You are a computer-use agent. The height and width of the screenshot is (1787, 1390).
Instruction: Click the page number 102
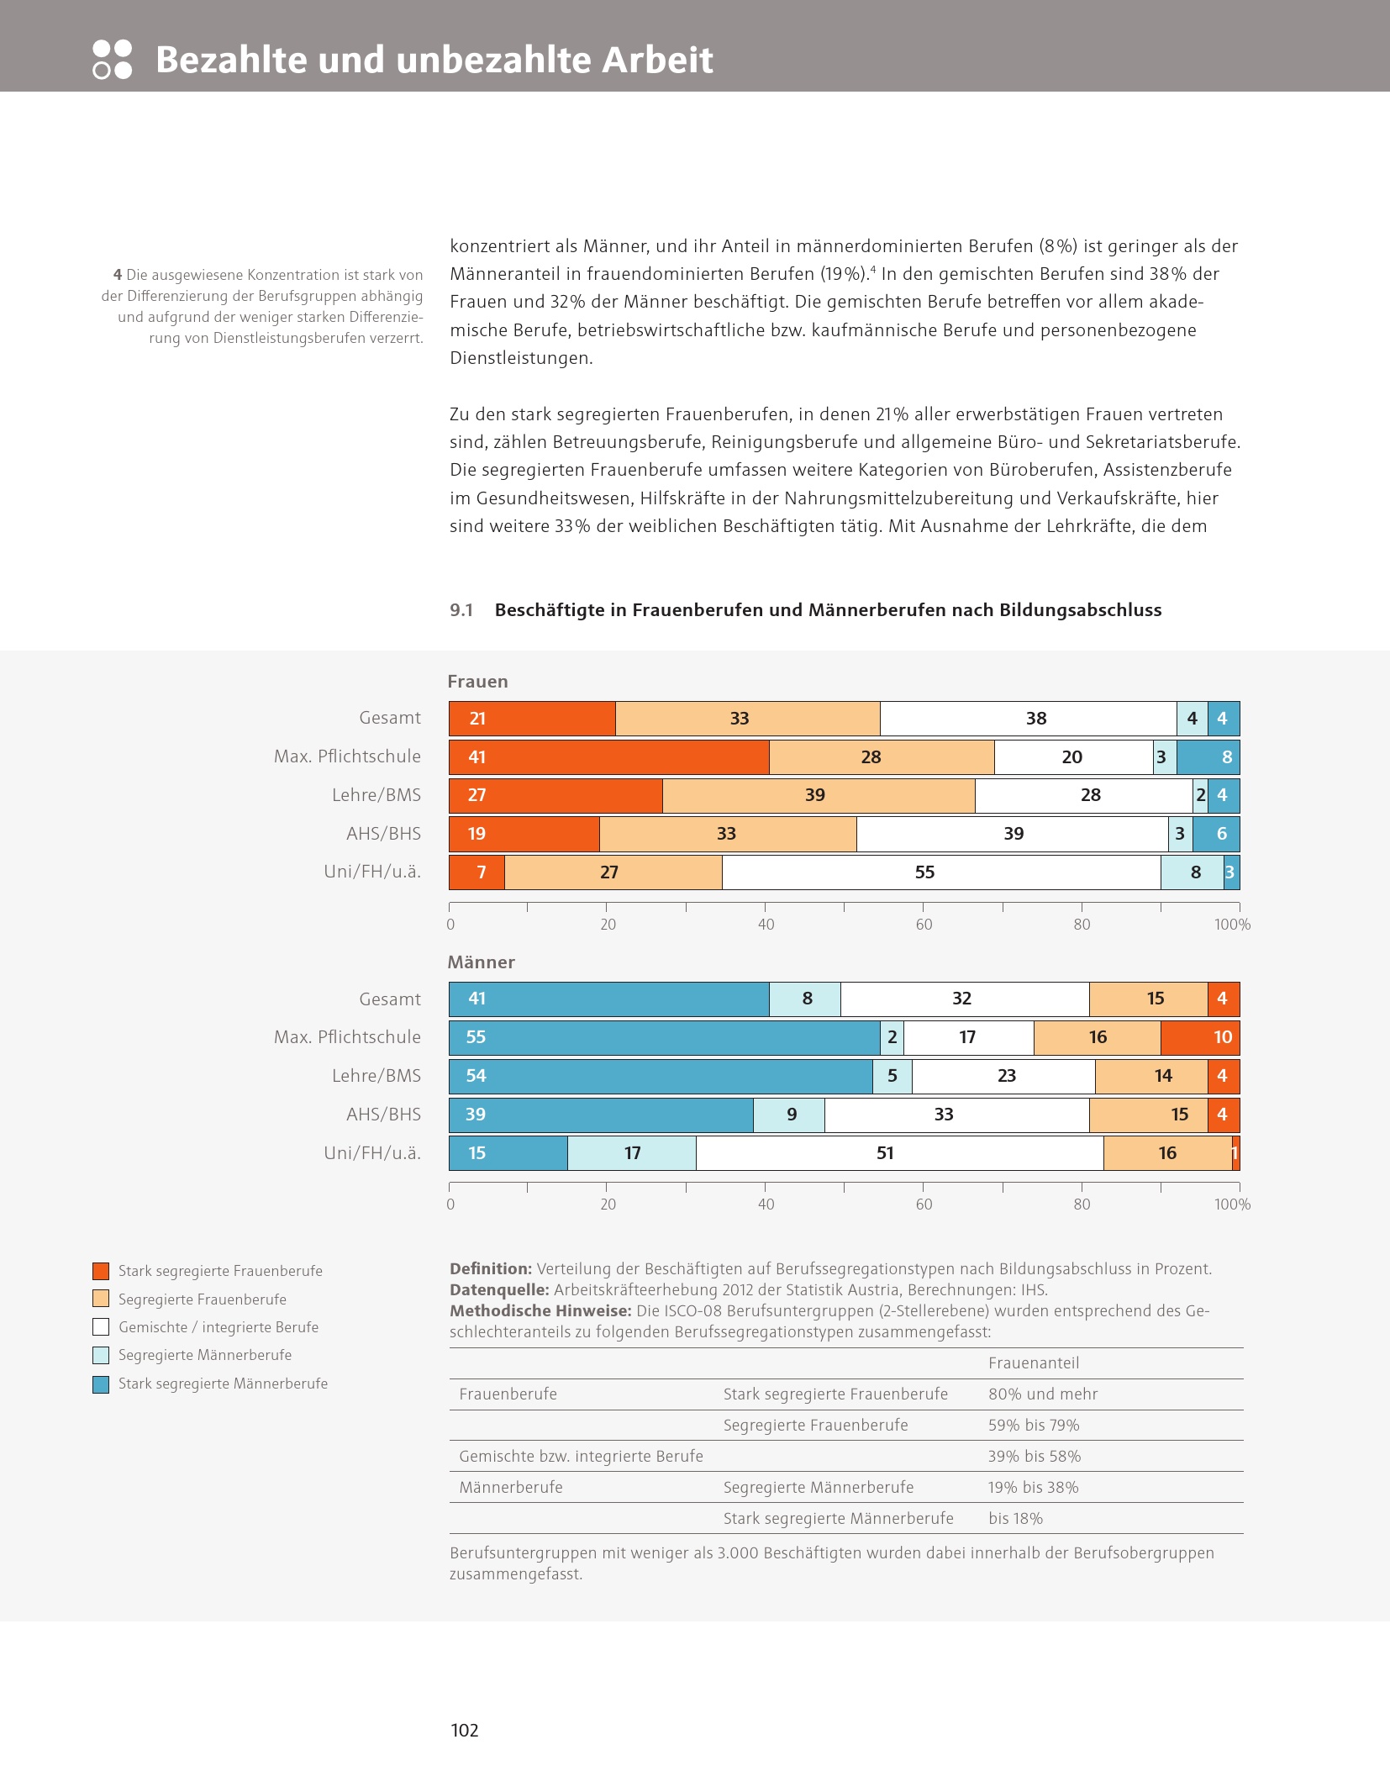coord(465,1729)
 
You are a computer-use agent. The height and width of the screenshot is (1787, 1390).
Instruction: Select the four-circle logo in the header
coord(112,60)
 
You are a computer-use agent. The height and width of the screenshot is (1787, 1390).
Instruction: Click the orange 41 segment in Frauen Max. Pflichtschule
coord(608,756)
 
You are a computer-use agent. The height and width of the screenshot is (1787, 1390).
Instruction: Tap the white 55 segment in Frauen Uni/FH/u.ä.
coord(941,872)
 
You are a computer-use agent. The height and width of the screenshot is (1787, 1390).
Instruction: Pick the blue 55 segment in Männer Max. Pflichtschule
coord(664,1037)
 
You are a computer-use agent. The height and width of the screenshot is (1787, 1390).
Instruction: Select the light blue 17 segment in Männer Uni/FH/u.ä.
coord(632,1152)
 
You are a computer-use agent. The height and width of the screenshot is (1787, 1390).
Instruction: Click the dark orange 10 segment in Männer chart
coord(1200,1037)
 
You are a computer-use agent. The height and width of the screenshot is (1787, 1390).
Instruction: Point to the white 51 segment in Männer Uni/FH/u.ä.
coord(899,1152)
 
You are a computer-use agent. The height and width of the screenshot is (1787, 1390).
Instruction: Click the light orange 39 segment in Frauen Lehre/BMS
coord(819,795)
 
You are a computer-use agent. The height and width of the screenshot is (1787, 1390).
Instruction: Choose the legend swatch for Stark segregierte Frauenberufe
coord(101,1271)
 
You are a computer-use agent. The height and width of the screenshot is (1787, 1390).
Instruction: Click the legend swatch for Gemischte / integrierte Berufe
coord(101,1327)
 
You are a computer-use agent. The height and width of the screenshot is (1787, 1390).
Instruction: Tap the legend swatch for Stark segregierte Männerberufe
coord(101,1384)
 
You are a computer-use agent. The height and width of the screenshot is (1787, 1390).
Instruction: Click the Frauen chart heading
coord(477,682)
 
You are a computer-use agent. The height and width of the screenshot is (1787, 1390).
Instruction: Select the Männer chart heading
coord(481,962)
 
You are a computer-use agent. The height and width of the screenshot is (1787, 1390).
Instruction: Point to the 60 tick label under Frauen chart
coord(924,925)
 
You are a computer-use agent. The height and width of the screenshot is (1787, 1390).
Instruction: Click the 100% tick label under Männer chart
coord(1232,1205)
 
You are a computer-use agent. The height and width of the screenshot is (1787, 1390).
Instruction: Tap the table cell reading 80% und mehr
coord(1043,1394)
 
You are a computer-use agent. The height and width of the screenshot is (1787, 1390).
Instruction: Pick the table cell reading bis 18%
coord(1015,1518)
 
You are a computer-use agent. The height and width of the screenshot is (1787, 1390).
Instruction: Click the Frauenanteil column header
coord(1034,1363)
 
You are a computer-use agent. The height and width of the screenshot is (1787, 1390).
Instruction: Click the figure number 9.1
coord(461,610)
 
